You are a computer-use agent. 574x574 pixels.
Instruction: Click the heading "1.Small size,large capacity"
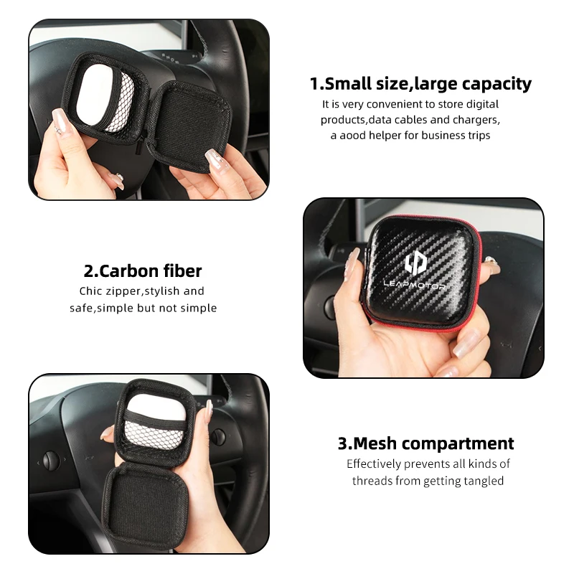pyautogui.click(x=420, y=83)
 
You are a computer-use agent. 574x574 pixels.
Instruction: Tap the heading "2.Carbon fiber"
pyautogui.click(x=143, y=271)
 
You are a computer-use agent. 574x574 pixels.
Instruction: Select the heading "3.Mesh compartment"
pyautogui.click(x=425, y=443)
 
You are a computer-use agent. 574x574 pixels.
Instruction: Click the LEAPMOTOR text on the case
pyautogui.click(x=414, y=284)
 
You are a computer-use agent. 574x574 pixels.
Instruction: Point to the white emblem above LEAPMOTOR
pyautogui.click(x=416, y=263)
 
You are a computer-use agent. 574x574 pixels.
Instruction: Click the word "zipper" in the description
pyautogui.click(x=123, y=291)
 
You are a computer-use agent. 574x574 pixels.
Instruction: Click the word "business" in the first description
pyautogui.click(x=442, y=136)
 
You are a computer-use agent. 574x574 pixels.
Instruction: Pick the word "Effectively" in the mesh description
pyautogui.click(x=373, y=464)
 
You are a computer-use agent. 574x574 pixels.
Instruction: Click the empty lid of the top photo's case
pyautogui.click(x=190, y=127)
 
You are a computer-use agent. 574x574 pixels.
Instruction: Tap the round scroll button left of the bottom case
pyautogui.click(x=51, y=460)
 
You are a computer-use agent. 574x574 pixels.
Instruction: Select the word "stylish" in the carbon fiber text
pyautogui.click(x=163, y=291)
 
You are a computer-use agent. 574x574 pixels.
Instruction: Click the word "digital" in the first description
pyautogui.click(x=482, y=105)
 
